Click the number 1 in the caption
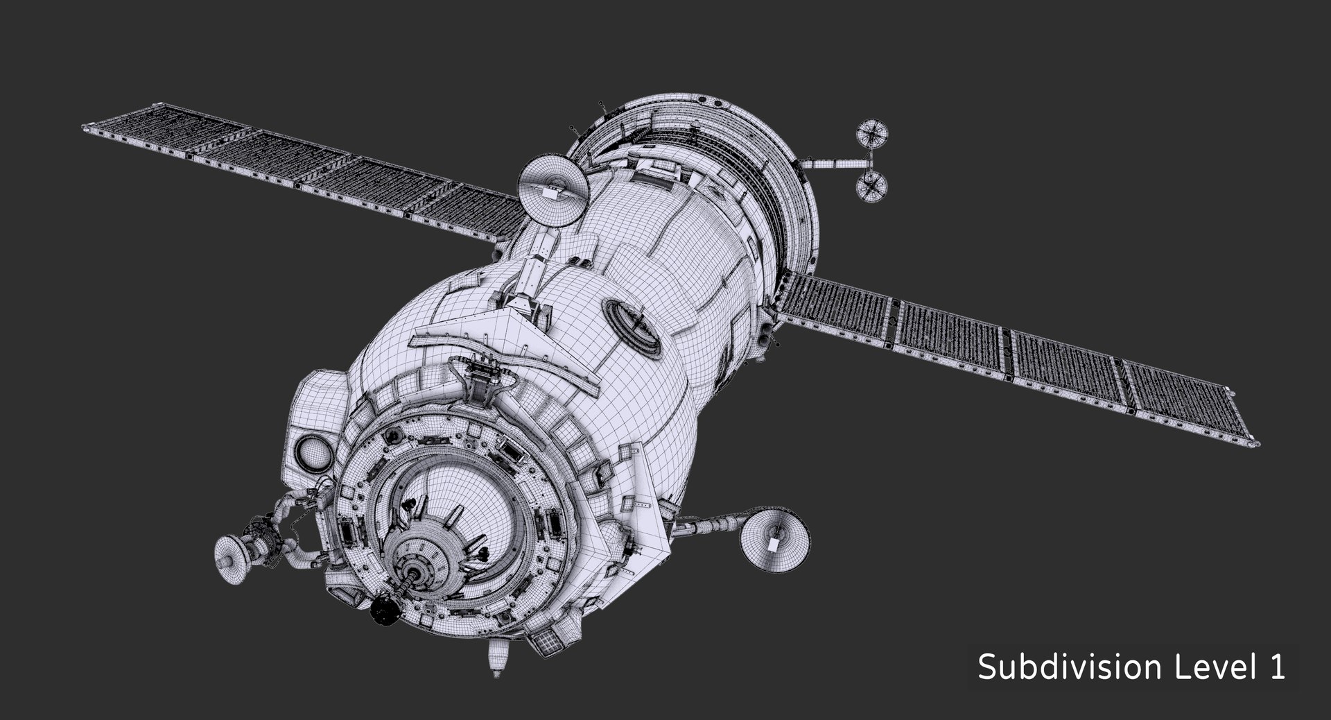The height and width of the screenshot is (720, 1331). coord(1277,667)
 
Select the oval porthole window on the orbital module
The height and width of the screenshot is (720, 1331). coord(632,325)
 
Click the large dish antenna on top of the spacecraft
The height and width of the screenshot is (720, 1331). coord(553,189)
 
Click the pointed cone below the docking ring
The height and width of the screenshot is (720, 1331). coord(496,660)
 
